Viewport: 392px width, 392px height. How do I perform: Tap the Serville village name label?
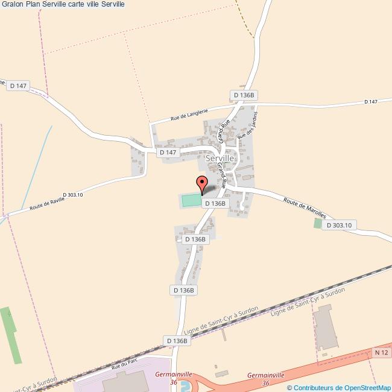[224, 158]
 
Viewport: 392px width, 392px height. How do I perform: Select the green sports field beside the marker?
[191, 200]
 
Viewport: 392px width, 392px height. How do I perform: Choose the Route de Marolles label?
[305, 207]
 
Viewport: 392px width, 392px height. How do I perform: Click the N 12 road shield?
[381, 352]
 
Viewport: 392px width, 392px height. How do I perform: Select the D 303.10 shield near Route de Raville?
[72, 194]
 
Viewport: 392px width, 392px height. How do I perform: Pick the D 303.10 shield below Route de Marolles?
[340, 225]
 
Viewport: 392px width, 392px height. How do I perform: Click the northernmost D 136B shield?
[245, 95]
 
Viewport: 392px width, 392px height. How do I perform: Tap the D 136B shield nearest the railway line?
[177, 341]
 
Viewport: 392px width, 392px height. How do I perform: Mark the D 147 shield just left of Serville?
[168, 153]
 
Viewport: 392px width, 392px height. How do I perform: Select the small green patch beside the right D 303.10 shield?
[318, 223]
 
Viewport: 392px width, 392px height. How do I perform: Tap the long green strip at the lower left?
[11, 335]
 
